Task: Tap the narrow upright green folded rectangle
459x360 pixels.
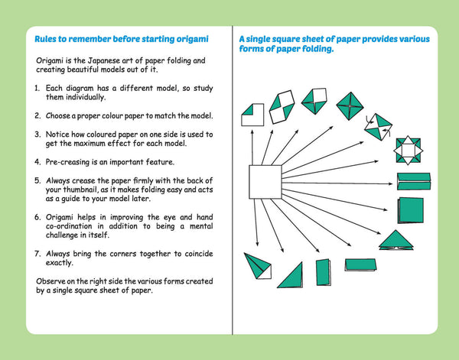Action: (324, 271)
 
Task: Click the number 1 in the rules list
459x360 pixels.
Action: (37, 89)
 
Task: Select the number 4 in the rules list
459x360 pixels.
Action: (37, 162)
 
